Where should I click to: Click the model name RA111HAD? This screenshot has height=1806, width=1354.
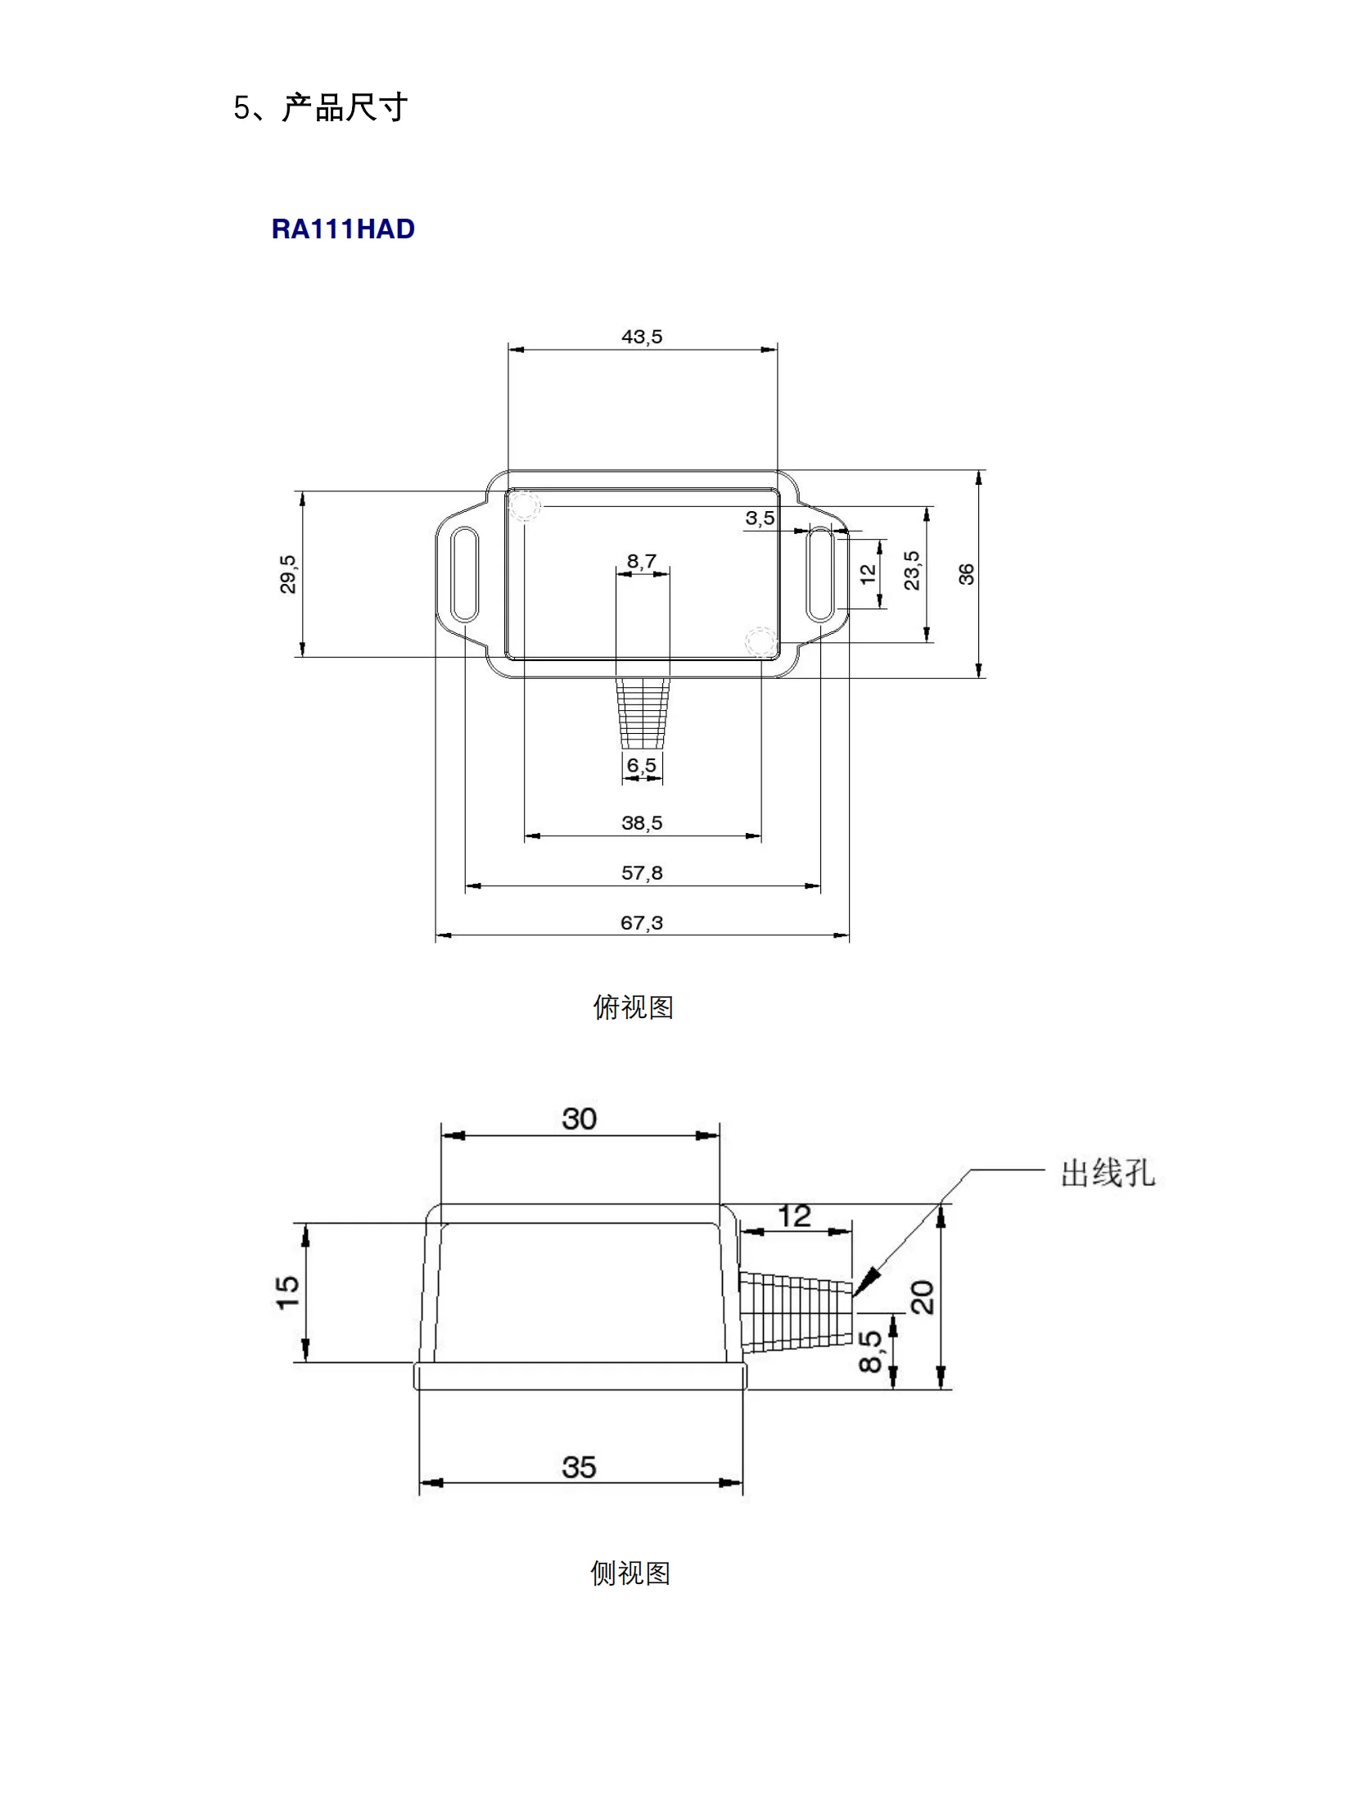pos(343,229)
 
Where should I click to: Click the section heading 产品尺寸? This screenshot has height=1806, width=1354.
pos(344,107)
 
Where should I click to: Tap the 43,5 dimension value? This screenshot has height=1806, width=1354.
pos(642,337)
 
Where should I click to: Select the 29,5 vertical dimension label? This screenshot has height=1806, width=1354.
pos(288,573)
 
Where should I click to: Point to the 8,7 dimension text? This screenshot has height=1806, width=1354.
pos(642,561)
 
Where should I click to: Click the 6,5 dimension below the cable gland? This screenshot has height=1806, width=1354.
pos(642,765)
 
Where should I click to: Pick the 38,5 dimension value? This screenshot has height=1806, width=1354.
pos(642,822)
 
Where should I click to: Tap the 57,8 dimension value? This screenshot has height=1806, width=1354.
pos(642,872)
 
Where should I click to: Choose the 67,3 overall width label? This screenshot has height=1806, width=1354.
pos(642,922)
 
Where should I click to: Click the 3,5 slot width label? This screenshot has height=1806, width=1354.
pos(760,518)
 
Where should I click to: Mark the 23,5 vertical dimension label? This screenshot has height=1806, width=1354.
pos(911,570)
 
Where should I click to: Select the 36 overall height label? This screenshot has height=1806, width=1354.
pos(967,574)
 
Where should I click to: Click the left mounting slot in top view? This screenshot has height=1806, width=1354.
pos(465,574)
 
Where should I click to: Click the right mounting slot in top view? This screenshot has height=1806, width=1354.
pos(820,574)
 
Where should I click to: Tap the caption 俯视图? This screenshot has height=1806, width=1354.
pos(633,1007)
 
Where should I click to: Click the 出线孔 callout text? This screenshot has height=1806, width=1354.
pos(1108,1173)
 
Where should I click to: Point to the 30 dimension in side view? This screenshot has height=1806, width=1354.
pos(580,1119)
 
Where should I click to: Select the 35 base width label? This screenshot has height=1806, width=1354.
pos(580,1467)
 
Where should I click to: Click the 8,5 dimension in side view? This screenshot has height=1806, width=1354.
pos(870,1351)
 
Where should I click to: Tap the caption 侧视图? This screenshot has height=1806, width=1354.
pos(630,1573)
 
